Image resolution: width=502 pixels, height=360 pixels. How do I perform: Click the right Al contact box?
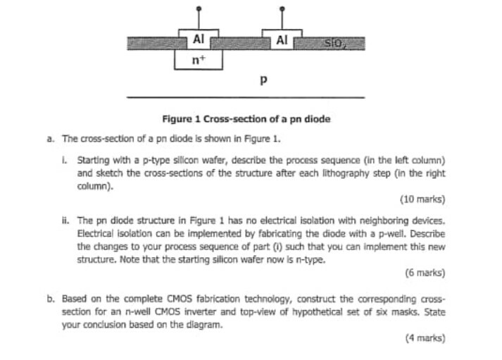click(x=282, y=40)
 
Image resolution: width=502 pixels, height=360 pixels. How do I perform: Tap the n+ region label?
click(x=198, y=60)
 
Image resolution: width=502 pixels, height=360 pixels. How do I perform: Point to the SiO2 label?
click(x=332, y=44)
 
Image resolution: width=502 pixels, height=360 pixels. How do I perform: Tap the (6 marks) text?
click(x=425, y=272)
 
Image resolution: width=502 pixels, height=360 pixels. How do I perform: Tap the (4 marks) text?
click(x=425, y=337)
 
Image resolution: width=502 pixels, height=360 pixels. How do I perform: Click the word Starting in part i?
click(x=92, y=159)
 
